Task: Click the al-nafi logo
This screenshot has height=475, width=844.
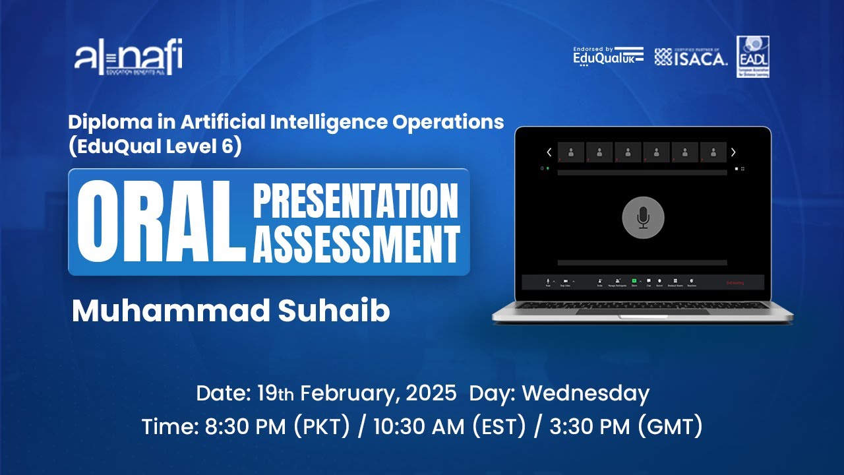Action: [128, 58]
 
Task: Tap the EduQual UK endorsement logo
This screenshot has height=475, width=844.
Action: [608, 57]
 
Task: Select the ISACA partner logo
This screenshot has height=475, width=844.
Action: [691, 57]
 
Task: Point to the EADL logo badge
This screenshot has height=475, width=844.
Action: [753, 57]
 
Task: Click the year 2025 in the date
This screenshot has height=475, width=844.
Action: [431, 393]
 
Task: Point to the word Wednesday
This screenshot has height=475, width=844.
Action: [586, 393]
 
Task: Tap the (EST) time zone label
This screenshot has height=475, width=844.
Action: [499, 427]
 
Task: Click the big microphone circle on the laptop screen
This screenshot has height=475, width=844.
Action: [643, 218]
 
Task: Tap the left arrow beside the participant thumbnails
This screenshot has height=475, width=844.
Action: [549, 152]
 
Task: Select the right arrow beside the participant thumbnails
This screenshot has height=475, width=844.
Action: [733, 152]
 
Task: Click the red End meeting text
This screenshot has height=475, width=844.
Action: [735, 282]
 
